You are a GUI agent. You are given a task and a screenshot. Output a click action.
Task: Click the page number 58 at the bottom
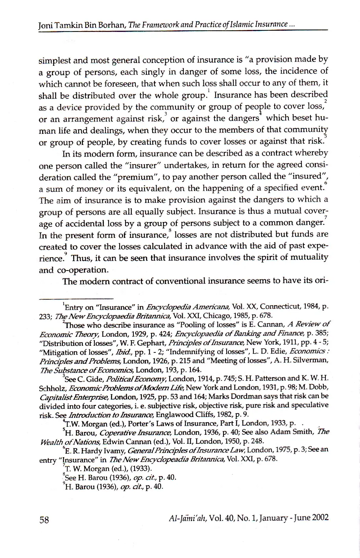[x=44, y=520]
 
